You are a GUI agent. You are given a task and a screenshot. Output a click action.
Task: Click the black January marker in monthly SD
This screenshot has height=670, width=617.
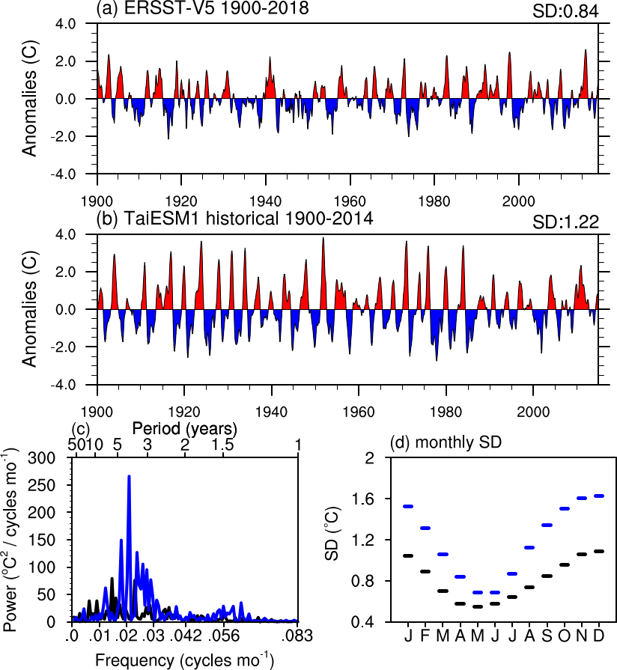(x=408, y=555)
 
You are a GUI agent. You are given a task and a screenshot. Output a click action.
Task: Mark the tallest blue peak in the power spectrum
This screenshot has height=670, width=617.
(x=129, y=476)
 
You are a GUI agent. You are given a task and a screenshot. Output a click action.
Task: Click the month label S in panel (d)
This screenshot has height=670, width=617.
(x=547, y=637)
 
